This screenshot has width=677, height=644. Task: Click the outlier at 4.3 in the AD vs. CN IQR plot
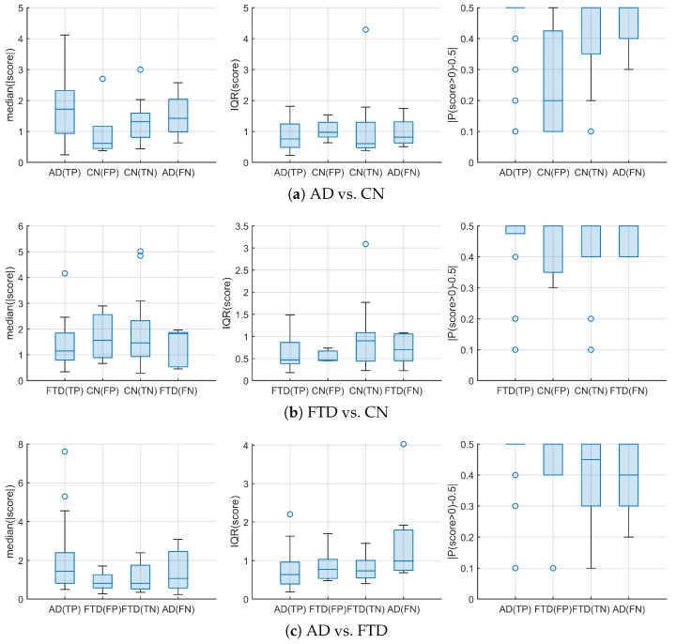click(365, 30)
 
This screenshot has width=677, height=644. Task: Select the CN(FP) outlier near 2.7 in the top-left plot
click(102, 79)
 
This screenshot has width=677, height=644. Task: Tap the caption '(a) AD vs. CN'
click(336, 193)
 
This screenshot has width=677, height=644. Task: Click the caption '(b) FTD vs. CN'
click(336, 412)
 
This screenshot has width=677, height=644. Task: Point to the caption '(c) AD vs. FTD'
click(336, 630)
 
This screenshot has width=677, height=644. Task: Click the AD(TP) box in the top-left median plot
click(65, 113)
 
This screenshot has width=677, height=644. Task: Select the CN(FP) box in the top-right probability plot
click(553, 81)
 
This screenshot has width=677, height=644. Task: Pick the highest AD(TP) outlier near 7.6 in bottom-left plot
click(65, 452)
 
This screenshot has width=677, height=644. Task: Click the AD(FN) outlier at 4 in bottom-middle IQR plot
click(403, 444)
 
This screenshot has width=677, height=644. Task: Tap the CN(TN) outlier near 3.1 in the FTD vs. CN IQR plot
click(365, 244)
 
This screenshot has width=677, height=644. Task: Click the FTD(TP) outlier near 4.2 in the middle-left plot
click(65, 273)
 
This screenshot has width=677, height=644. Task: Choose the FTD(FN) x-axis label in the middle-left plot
click(178, 391)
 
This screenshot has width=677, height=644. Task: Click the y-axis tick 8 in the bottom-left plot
click(21, 445)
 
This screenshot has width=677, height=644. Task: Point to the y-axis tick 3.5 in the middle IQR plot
click(241, 226)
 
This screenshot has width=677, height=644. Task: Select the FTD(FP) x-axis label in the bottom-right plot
click(553, 609)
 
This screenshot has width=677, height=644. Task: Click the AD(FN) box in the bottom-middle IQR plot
click(403, 550)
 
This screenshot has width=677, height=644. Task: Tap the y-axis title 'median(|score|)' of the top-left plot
click(10, 84)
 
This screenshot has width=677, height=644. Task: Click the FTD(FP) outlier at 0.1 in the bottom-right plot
click(553, 568)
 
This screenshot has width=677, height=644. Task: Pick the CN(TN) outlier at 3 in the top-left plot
click(140, 69)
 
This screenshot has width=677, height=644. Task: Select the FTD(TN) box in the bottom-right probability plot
click(591, 475)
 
